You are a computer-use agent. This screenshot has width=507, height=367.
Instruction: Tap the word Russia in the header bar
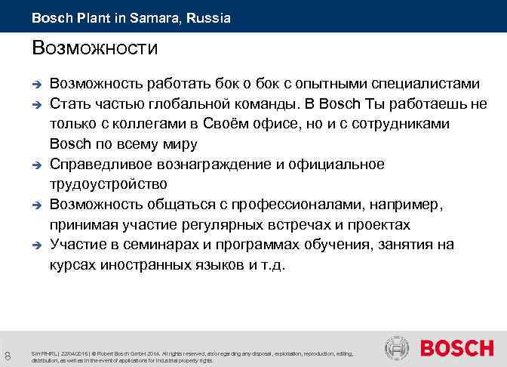coord(210,17)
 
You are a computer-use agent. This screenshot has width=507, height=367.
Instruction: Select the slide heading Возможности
coord(95,49)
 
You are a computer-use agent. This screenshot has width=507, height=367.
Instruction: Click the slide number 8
coord(7,353)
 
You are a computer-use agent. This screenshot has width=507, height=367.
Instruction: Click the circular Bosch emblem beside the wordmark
coord(397,348)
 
